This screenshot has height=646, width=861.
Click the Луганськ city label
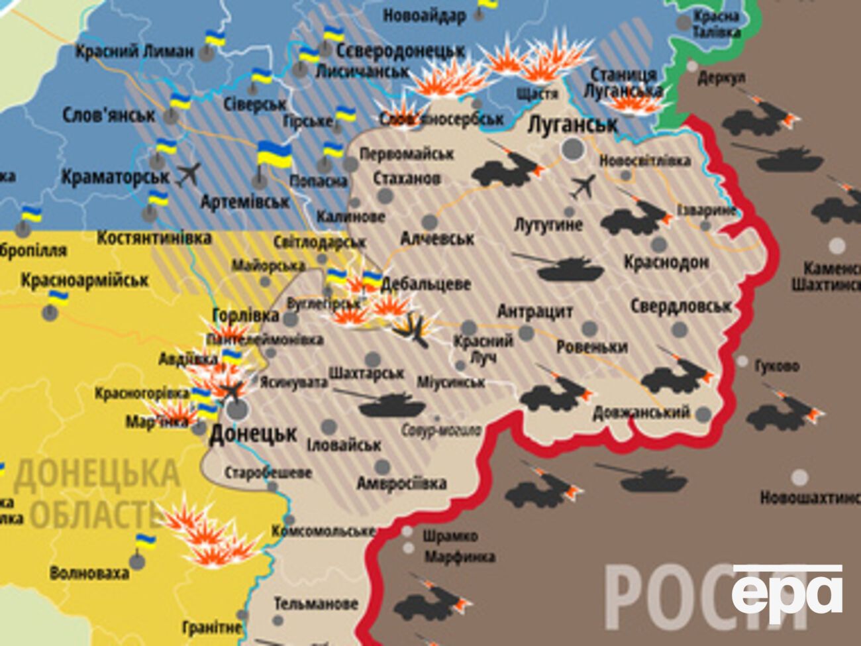(x=572, y=125)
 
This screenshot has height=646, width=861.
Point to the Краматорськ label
(x=115, y=178)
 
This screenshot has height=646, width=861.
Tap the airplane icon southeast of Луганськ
(x=583, y=187)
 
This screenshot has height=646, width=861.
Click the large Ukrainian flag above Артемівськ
(x=274, y=155)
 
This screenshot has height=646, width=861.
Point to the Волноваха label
(x=89, y=572)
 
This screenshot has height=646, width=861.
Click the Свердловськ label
(x=680, y=306)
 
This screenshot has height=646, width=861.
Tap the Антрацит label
(x=534, y=311)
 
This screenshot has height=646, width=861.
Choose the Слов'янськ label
(x=109, y=115)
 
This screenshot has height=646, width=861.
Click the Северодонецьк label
(x=400, y=51)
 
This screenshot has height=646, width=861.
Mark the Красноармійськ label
(x=85, y=280)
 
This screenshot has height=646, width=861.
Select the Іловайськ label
(x=344, y=445)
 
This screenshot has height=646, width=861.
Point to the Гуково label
(x=776, y=366)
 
